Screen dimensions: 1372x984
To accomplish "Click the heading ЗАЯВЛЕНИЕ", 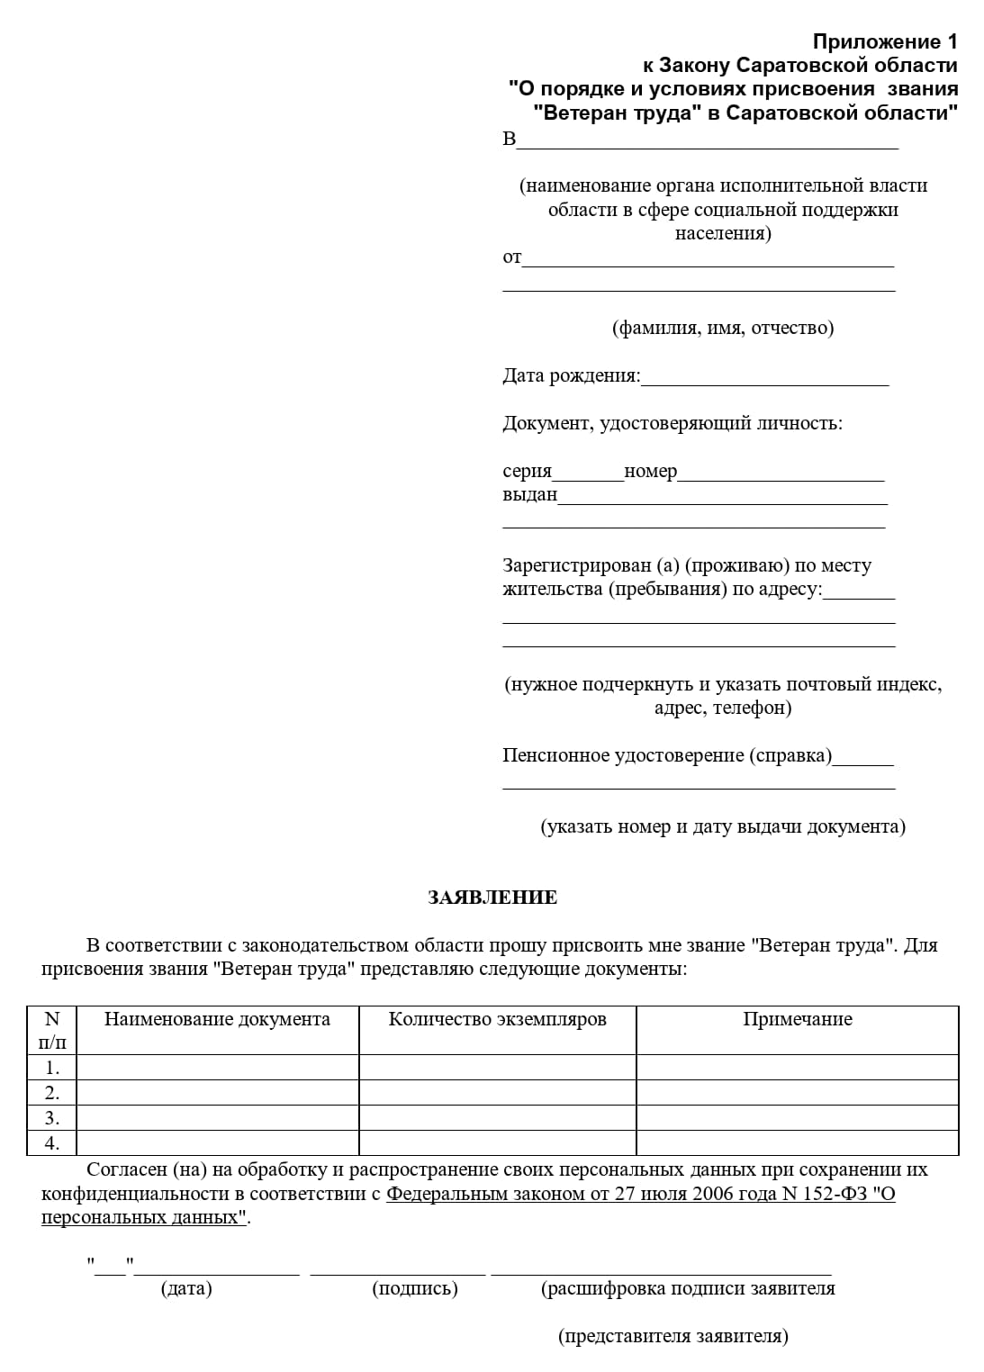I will click(x=492, y=898).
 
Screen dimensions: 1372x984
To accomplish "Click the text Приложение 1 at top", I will click(x=885, y=41).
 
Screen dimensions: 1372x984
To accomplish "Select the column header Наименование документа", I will click(x=217, y=1019).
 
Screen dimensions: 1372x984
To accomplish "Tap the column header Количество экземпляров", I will click(x=497, y=1019).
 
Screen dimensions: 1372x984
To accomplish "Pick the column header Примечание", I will click(x=797, y=1019).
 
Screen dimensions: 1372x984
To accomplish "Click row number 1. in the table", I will click(x=52, y=1068).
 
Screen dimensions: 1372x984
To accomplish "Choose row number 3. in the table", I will click(x=52, y=1118).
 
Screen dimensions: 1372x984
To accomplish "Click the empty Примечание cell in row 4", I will click(x=797, y=1143).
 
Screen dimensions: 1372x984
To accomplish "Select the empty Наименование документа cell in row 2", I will click(x=217, y=1093).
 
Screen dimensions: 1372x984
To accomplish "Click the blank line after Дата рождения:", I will click(x=764, y=378).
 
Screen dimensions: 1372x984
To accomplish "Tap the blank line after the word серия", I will click(x=588, y=474).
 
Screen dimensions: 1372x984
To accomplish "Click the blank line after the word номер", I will click(x=781, y=474).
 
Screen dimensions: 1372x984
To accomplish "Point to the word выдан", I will click(x=529, y=495).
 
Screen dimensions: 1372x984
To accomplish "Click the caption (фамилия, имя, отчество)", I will click(x=723, y=328).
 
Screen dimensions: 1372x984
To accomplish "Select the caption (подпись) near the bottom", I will click(x=415, y=1288).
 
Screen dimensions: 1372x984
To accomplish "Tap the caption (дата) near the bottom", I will click(x=186, y=1288).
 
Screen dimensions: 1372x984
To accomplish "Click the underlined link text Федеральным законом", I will click(x=474, y=1195).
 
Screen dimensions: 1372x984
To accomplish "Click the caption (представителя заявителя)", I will click(x=673, y=1336).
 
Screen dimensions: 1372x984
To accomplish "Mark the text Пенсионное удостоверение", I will click(x=622, y=755).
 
